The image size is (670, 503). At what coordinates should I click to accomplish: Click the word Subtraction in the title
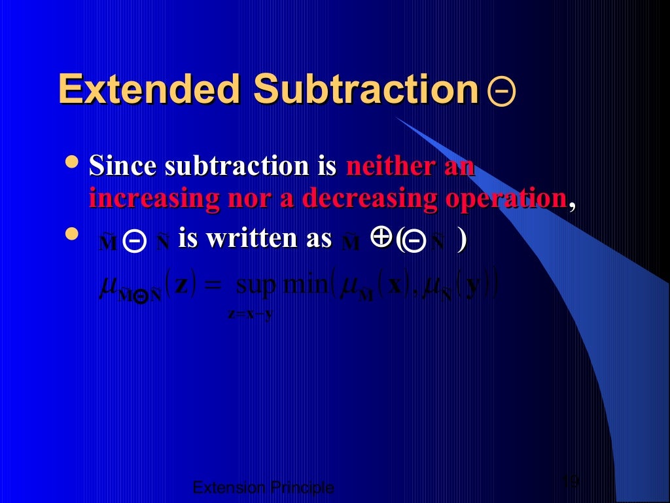366,89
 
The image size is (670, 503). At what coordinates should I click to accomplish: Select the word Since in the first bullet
124,166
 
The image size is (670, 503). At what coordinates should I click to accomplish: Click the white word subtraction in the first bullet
240,166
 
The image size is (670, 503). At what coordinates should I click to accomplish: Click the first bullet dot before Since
74,160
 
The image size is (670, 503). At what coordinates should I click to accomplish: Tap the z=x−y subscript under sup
250,314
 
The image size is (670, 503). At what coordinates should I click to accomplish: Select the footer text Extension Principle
264,487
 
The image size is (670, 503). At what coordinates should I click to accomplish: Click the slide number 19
571,482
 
